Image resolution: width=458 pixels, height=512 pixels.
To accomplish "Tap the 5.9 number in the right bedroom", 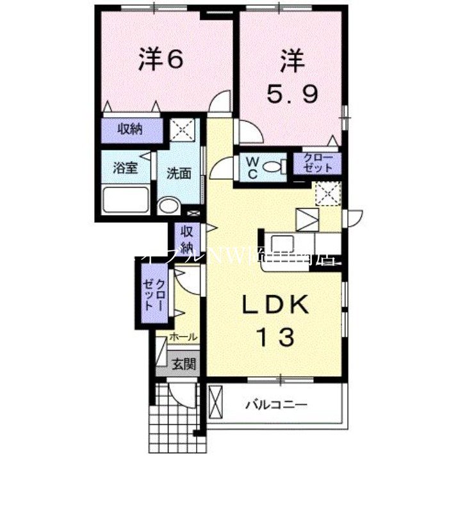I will (291, 94).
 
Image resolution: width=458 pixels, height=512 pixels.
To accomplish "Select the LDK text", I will (275, 305).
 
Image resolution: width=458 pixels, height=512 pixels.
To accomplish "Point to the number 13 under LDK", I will (276, 336).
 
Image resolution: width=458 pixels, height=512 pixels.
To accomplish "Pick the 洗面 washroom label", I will (179, 173).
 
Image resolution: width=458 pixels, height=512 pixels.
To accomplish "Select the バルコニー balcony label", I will (277, 404).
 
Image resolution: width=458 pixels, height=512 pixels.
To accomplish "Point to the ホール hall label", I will (183, 337).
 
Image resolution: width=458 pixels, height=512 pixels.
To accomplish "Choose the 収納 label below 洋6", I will (130, 130).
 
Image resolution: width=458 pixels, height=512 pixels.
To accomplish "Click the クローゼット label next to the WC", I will (318, 163).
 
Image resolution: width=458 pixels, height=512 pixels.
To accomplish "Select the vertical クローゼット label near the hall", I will (154, 294).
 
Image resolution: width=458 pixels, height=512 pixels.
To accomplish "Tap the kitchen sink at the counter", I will (281, 244).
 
